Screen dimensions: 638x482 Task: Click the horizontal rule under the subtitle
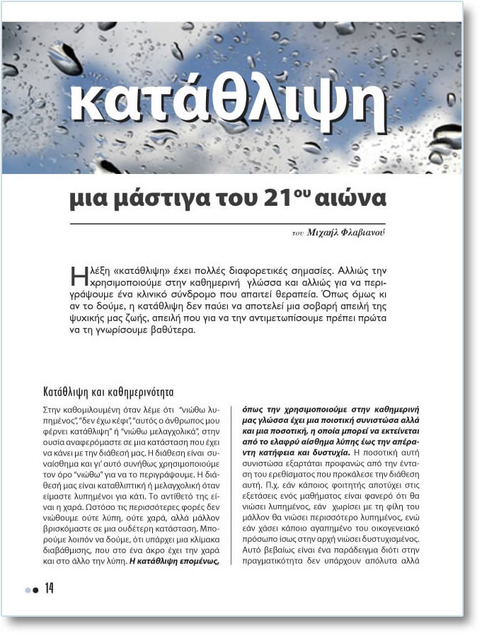(227, 224)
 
